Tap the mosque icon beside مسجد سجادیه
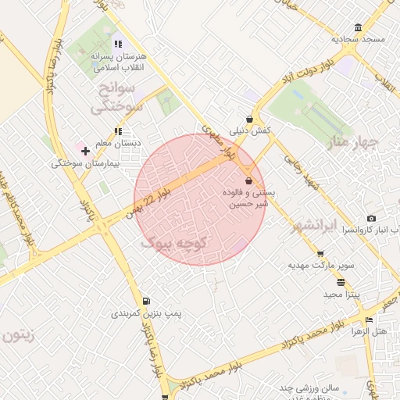coord(358,27)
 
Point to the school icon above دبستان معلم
coord(118,132)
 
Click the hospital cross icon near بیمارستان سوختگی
coord(85,150)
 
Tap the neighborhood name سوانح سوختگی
coord(117,97)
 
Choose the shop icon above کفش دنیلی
coord(249,120)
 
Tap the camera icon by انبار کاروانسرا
coord(371,218)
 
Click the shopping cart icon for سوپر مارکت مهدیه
coord(320,254)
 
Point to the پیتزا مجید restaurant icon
coord(340,282)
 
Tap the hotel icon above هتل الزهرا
coord(368,319)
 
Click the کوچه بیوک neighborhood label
coord(173,244)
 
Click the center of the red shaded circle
coord(199,199)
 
